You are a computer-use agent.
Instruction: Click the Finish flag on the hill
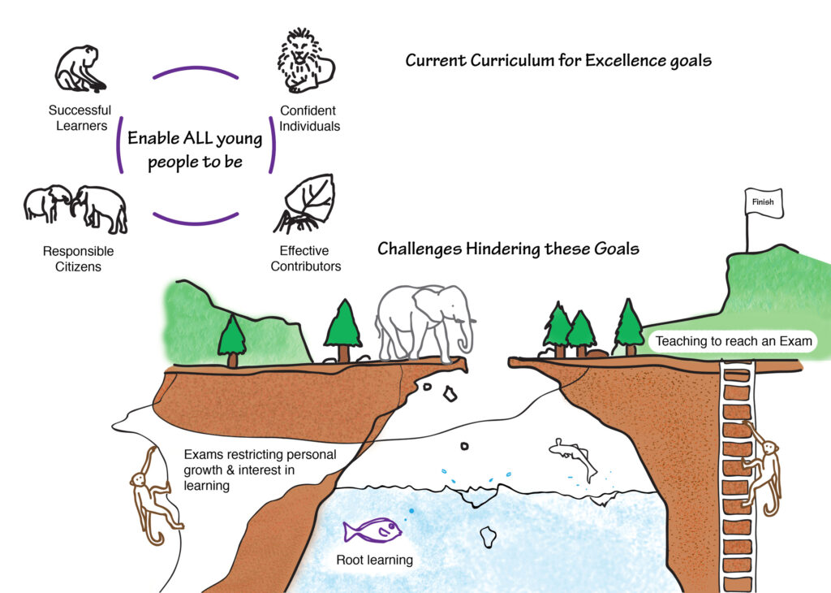point(763,202)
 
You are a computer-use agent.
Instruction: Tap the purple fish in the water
point(372,531)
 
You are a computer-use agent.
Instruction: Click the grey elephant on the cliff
point(422,320)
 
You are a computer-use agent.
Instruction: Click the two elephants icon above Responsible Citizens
point(75,208)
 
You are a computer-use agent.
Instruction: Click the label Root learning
point(374,560)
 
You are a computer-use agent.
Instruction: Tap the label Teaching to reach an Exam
point(733,341)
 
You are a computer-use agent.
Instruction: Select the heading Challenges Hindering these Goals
point(508,249)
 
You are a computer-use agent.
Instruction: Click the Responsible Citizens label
point(78,258)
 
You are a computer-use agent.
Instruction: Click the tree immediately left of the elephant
point(343,329)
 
